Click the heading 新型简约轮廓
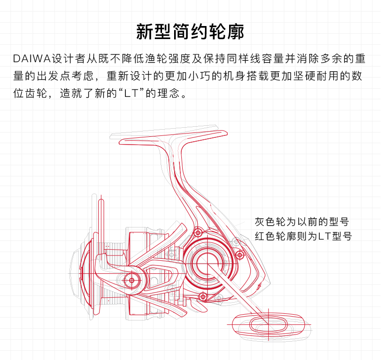[190, 32]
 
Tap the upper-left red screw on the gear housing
[197, 233]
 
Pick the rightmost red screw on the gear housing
[238, 254]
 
